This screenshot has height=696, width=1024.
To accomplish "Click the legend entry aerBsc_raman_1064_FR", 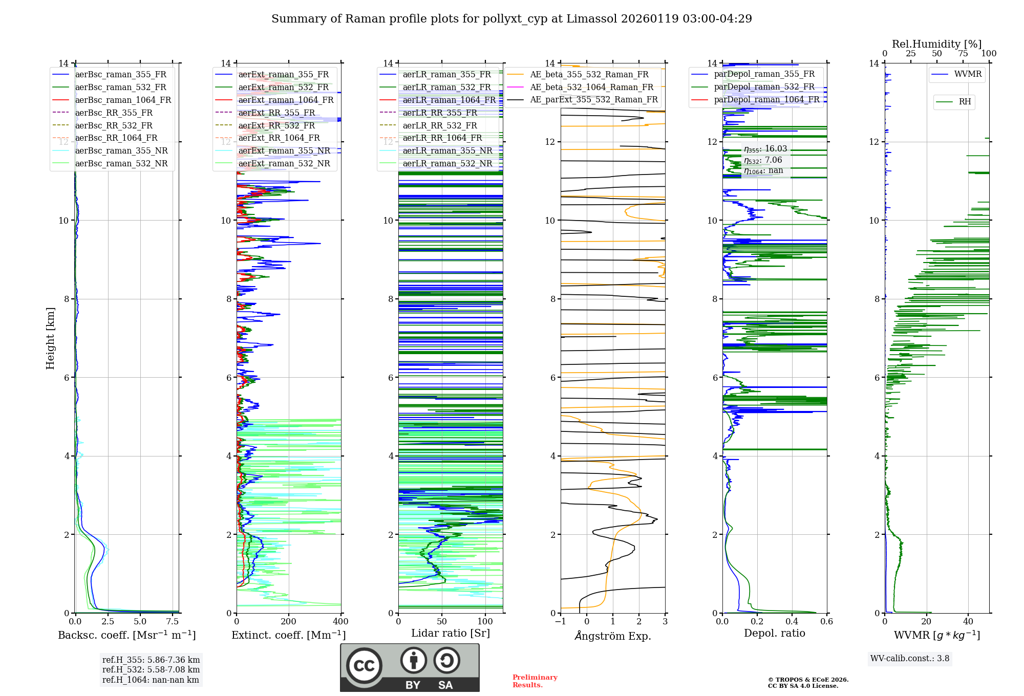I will tap(123, 100).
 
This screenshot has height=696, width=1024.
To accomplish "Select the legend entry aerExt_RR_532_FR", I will tap(276, 125).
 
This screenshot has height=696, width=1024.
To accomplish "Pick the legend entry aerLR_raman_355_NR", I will tap(447, 150).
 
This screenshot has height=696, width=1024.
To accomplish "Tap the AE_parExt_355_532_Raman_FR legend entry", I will tap(593, 99).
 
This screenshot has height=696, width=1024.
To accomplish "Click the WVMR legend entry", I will tap(968, 74).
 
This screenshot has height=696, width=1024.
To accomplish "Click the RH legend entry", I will tap(965, 102).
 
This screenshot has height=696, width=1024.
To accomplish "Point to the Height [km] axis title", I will tap(50, 338).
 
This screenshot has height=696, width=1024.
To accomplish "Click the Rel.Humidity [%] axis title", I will tap(936, 44).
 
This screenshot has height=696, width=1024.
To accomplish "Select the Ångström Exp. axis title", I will tap(613, 636).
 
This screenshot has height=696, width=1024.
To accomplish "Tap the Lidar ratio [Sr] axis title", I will tap(451, 633).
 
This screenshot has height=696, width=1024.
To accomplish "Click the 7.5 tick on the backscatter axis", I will tap(173, 622).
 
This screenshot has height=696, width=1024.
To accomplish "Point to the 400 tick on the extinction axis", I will tap(340, 622).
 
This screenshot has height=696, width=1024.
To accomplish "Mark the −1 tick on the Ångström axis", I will tap(560, 622).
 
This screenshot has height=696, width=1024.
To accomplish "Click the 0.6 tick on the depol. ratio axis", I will tap(826, 622).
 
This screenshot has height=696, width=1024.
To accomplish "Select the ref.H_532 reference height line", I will tap(151, 669).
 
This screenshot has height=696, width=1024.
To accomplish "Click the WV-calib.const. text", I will tap(910, 659).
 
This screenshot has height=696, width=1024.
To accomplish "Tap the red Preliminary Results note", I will tap(535, 681).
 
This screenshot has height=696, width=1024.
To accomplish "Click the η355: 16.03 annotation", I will tap(765, 149).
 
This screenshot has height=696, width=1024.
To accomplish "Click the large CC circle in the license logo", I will tap(364, 666).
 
